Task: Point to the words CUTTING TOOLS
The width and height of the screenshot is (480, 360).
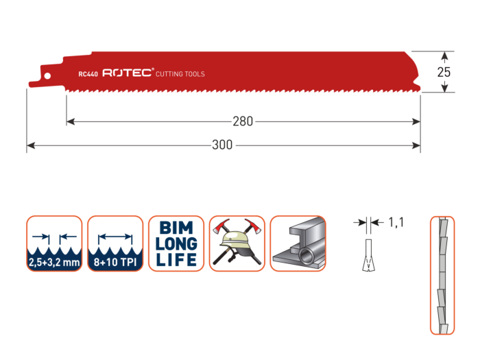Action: (x=180, y=74)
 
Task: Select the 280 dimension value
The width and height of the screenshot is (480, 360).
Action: (x=243, y=121)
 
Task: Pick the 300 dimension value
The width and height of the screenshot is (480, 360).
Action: (x=223, y=145)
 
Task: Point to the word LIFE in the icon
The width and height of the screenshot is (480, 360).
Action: (x=178, y=260)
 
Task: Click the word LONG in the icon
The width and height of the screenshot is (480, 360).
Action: (x=178, y=244)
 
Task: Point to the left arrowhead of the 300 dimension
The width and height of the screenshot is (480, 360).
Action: (x=29, y=145)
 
